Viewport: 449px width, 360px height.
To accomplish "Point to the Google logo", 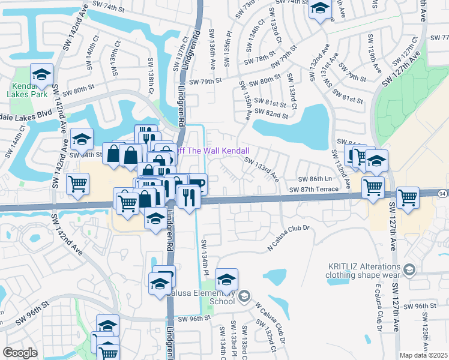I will pos(19,353).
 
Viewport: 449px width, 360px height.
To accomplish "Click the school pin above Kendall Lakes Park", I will pos(41,74).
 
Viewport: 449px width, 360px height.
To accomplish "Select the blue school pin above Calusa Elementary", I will pos(226,279).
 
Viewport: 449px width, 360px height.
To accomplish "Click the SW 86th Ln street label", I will pos(315,179).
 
